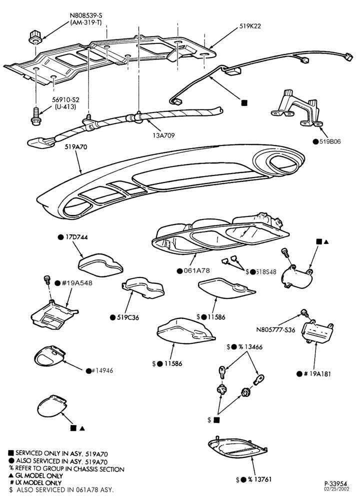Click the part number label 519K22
[250, 26]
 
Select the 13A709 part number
[163, 135]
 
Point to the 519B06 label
[330, 141]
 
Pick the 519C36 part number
[128, 317]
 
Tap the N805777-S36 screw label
[276, 329]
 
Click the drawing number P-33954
[336, 484]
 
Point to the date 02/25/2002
[336, 489]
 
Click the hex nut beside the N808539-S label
[34, 37]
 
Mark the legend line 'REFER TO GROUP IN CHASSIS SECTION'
[66, 469]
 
